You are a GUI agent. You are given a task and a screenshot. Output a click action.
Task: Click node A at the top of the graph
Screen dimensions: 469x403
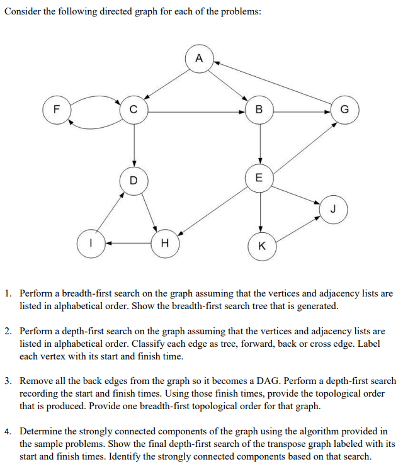pos(199,59)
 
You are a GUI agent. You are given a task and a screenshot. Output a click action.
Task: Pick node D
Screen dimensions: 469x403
pos(133,181)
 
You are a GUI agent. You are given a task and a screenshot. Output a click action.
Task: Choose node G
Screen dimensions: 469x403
pos(344,112)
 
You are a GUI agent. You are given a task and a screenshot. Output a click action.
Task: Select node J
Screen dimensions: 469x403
pos(333,208)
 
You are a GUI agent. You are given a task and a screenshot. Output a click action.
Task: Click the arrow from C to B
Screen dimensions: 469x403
pos(195,112)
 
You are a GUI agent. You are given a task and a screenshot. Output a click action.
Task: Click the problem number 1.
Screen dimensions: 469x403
pos(7,294)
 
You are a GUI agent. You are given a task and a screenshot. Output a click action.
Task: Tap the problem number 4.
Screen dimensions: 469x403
pos(7,432)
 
